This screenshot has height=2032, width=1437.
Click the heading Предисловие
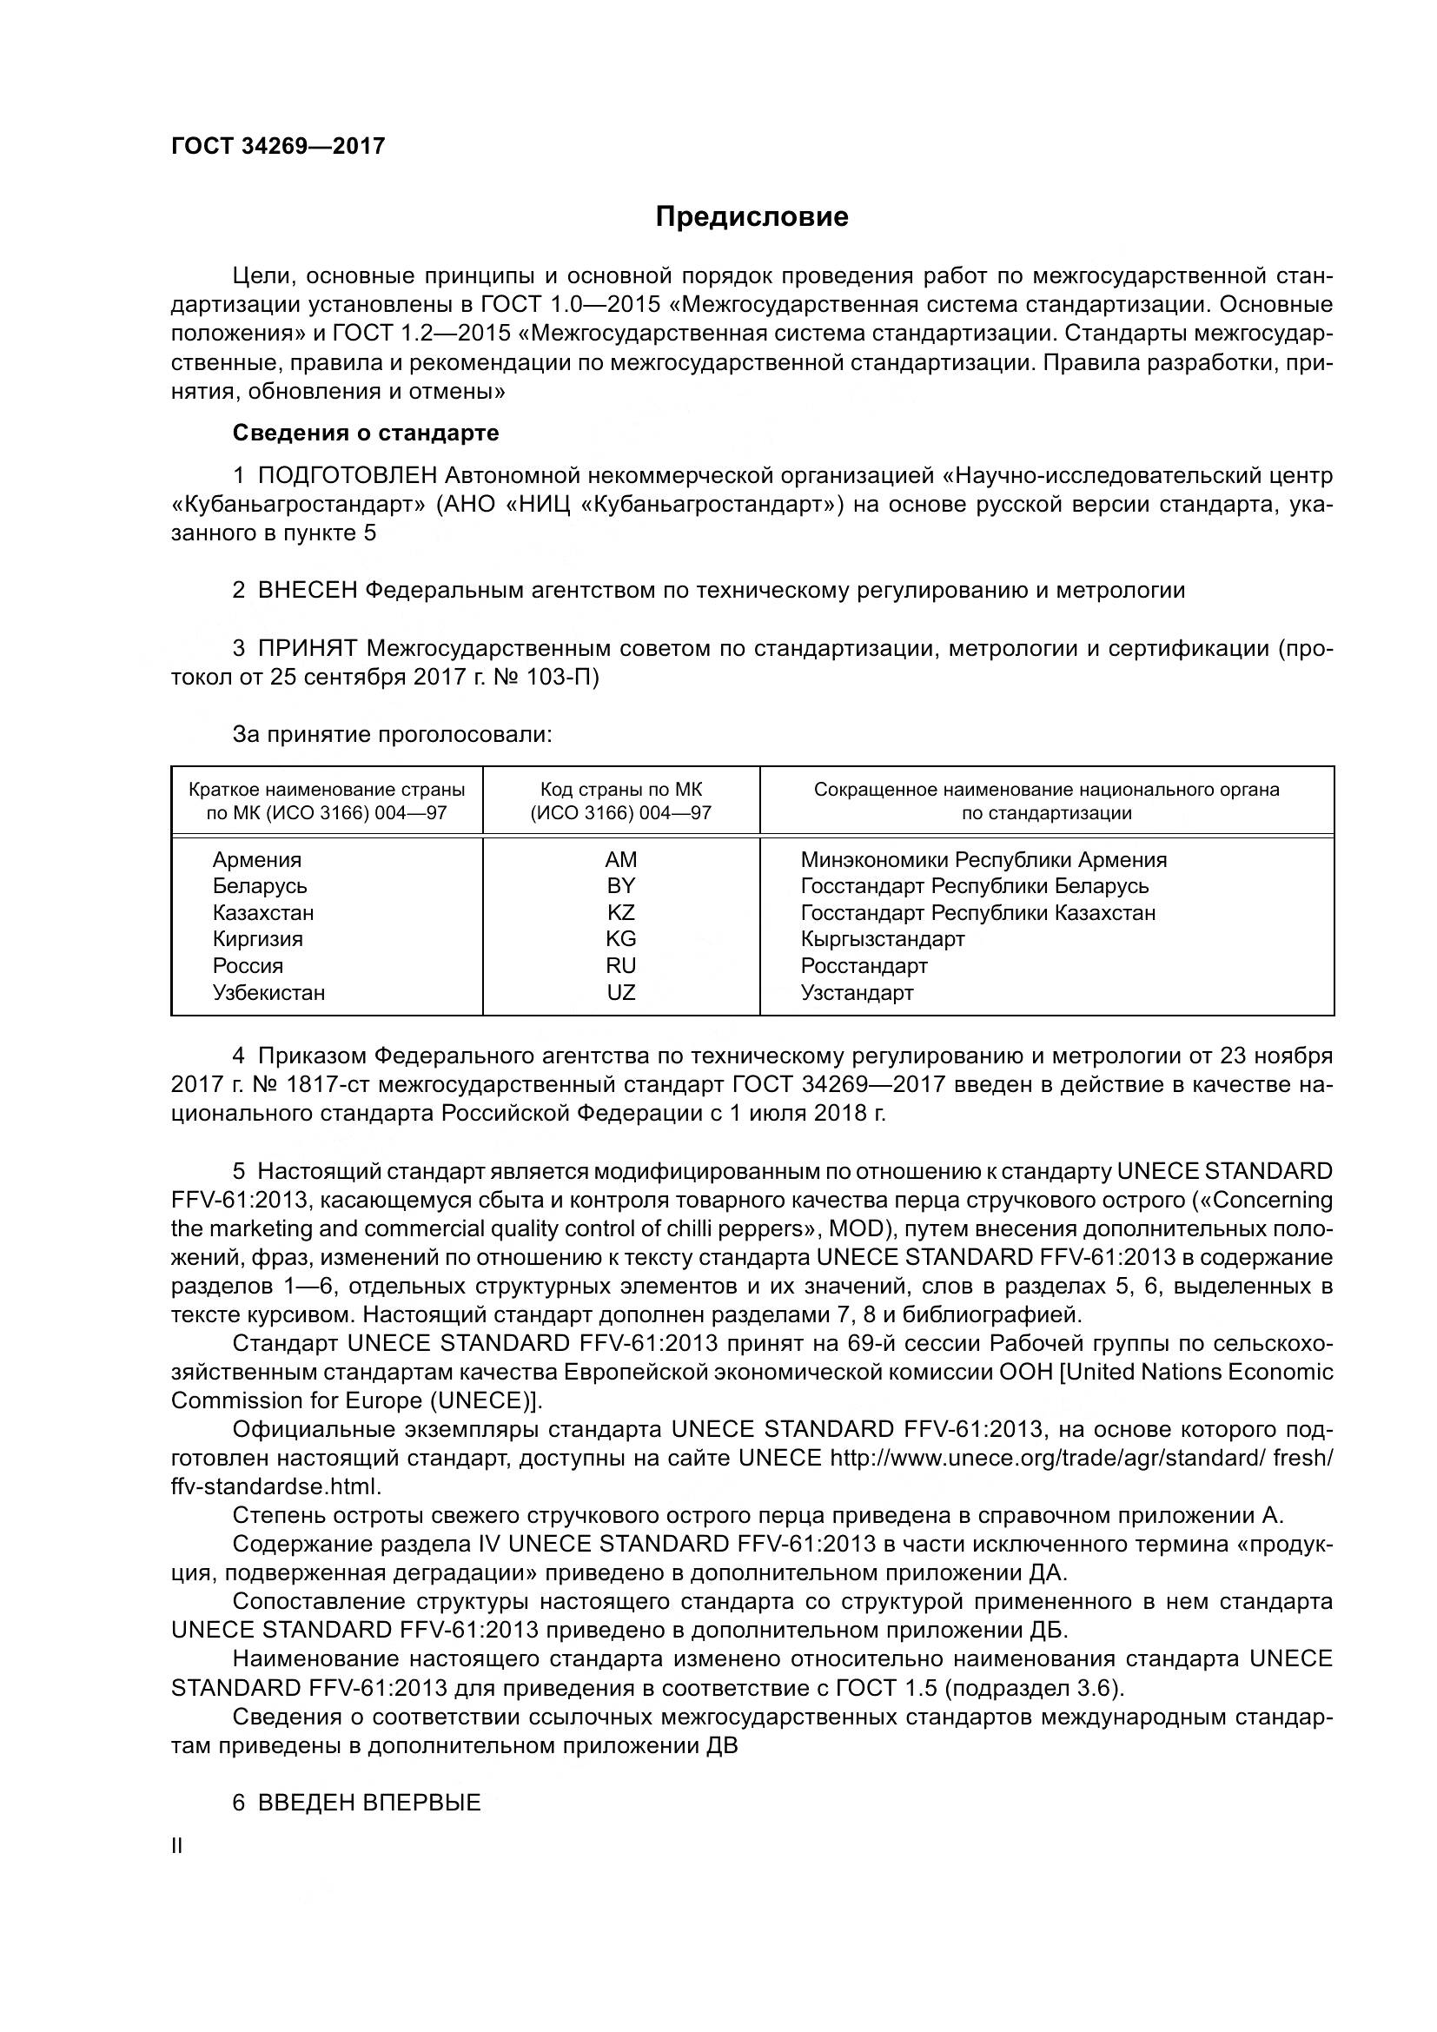coord(752,217)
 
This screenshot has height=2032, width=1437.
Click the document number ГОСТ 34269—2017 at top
coord(278,147)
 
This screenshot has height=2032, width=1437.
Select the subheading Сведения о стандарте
coord(366,433)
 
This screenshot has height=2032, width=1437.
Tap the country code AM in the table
coord(620,859)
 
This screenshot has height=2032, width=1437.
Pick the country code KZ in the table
coord(620,912)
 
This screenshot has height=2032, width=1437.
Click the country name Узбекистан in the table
coord(268,992)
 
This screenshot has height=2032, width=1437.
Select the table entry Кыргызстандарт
coord(882,938)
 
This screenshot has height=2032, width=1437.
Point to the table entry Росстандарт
coord(864,965)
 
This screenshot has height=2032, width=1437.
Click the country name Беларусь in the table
coord(259,886)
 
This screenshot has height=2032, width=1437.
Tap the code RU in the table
coord(620,965)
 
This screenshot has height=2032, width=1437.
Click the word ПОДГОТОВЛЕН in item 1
coord(347,476)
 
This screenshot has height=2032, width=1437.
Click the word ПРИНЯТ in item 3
coord(307,648)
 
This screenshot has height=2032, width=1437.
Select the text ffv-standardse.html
coord(276,1486)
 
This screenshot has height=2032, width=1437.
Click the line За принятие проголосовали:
coord(392,735)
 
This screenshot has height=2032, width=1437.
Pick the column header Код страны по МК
coord(620,790)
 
